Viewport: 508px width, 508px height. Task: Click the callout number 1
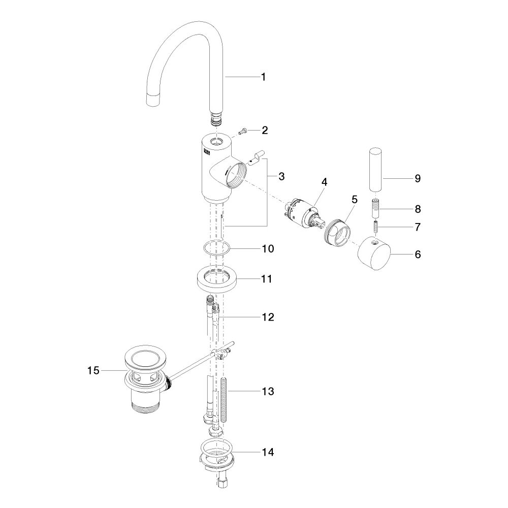(264, 77)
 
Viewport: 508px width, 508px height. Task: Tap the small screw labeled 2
(242, 131)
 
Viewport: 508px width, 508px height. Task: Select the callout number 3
(281, 177)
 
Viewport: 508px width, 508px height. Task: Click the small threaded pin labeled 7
(376, 226)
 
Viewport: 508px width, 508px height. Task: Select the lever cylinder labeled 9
(376, 169)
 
